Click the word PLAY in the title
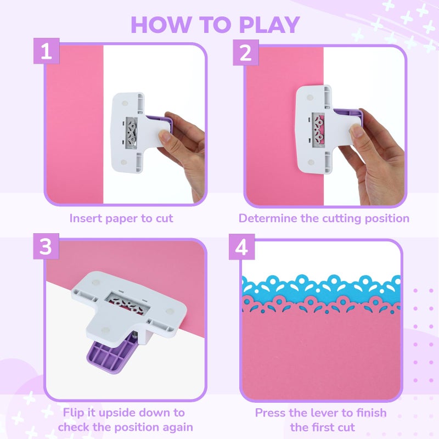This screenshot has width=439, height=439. [x=269, y=25]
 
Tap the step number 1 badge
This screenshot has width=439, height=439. [x=47, y=51]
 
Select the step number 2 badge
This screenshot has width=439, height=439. [x=246, y=52]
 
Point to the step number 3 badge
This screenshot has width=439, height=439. [x=46, y=246]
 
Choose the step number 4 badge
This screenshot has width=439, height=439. [x=241, y=247]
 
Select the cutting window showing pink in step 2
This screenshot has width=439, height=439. [x=318, y=130]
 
